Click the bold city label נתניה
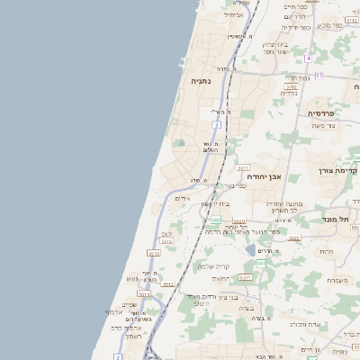tap(200, 81)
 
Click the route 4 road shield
tap(307, 58)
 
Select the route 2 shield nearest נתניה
tap(217, 124)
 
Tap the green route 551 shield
tap(261, 263)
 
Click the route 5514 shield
tap(144, 293)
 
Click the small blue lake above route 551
tap(250, 249)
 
